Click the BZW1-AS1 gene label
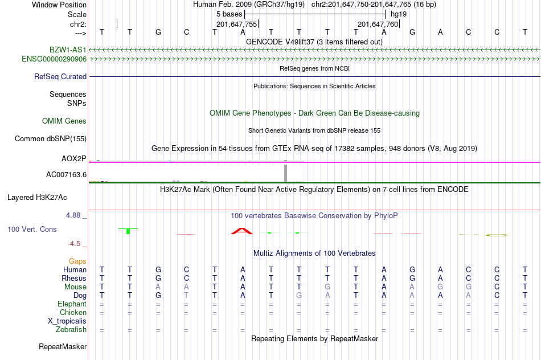tap(68, 50)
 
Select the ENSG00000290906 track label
tap(54, 59)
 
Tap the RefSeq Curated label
tap(60, 77)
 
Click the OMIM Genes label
tap(64, 121)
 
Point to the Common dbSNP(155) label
tap(51, 139)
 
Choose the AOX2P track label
tap(74, 158)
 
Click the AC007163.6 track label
tap(66, 175)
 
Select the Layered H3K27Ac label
tap(37, 198)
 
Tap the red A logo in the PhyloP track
tap(242, 231)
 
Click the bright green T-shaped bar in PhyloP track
tap(128, 231)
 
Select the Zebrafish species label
tap(71, 330)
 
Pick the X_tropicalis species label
tap(67, 321)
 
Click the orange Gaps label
tap(77, 261)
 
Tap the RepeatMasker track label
tap(63, 346)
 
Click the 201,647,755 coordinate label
tap(237, 24)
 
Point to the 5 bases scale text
tap(229, 14)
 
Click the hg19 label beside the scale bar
tap(399, 14)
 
